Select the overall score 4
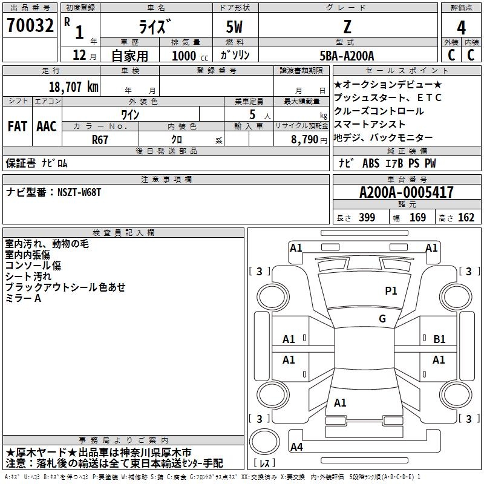coord(461,27)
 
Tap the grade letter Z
coord(346,27)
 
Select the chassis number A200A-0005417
coord(407,193)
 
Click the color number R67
coord(100,139)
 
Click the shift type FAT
coord(18,126)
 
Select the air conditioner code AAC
coord(47,126)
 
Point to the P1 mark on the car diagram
coord(391,291)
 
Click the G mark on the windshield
coord(382,319)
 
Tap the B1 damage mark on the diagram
coord(440,339)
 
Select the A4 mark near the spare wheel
coord(296,447)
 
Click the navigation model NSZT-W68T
coord(79,192)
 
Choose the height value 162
coord(466,218)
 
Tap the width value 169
coord(417,218)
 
